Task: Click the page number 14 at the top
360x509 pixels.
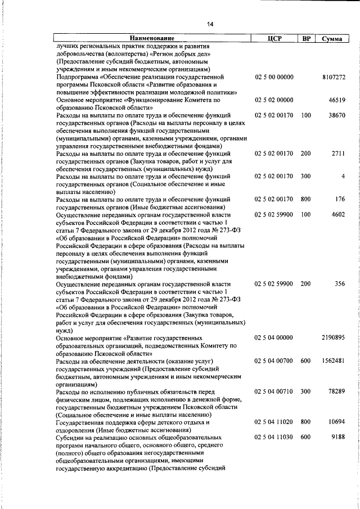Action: pyautogui.click(x=210, y=23)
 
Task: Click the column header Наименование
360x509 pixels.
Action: pyautogui.click(x=151, y=38)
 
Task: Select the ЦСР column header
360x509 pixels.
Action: pyautogui.click(x=274, y=38)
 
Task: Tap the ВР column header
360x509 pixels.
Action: pyautogui.click(x=306, y=38)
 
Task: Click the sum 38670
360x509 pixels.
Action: pyautogui.click(x=337, y=115)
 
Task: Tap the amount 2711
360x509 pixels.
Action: pyautogui.click(x=339, y=153)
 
